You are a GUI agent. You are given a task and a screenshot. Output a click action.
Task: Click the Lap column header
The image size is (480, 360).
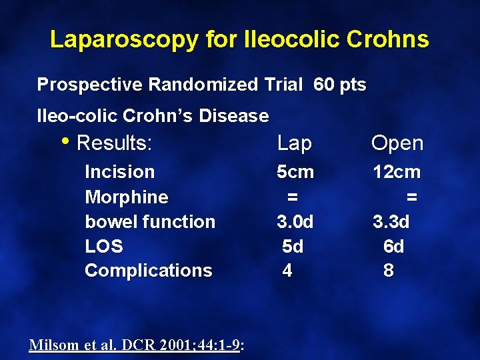pos(294,143)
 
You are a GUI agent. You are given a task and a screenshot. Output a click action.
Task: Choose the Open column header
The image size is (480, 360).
pos(397,143)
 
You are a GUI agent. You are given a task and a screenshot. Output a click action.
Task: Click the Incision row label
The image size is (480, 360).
pos(119,172)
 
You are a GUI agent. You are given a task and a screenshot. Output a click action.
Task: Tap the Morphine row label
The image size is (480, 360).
pos(127,197)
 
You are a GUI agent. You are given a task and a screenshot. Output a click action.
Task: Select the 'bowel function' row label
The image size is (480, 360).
pos(150,221)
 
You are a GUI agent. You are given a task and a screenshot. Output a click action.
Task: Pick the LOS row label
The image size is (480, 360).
pos(104,246)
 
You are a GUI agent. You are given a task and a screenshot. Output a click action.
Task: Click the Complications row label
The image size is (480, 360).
pos(148,271)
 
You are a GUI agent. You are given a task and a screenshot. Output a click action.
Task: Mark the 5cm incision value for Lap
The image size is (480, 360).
pos(295,172)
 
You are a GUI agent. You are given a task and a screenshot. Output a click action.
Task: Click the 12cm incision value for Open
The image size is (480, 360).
pos(397,172)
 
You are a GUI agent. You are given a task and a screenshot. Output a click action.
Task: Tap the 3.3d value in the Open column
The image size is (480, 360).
pos(391,221)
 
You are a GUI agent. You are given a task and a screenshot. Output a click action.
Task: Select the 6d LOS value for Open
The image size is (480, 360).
pos(393,246)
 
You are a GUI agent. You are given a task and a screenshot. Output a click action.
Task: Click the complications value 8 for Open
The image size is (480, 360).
pos(388,271)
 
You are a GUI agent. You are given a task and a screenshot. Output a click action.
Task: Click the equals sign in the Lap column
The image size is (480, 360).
pos(291,197)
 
